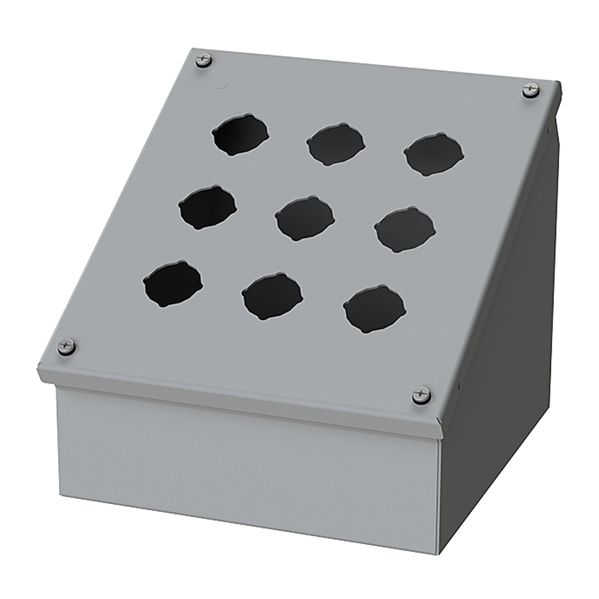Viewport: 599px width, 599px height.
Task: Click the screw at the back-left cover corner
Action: click(203, 60)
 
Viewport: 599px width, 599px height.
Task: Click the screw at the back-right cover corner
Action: click(531, 90)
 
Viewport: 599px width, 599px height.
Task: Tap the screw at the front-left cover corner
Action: click(66, 346)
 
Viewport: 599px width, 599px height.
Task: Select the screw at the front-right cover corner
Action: click(421, 395)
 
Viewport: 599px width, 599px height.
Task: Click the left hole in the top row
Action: click(240, 135)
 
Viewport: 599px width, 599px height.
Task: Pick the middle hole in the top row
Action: click(336, 144)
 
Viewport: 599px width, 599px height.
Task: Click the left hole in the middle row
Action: click(208, 207)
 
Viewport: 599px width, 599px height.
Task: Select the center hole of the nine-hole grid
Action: click(305, 218)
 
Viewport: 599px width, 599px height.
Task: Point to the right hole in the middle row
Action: click(405, 229)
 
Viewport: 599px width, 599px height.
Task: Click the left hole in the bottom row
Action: click(173, 284)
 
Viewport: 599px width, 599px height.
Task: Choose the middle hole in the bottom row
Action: click(272, 295)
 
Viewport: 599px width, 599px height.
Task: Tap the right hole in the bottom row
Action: click(374, 309)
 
